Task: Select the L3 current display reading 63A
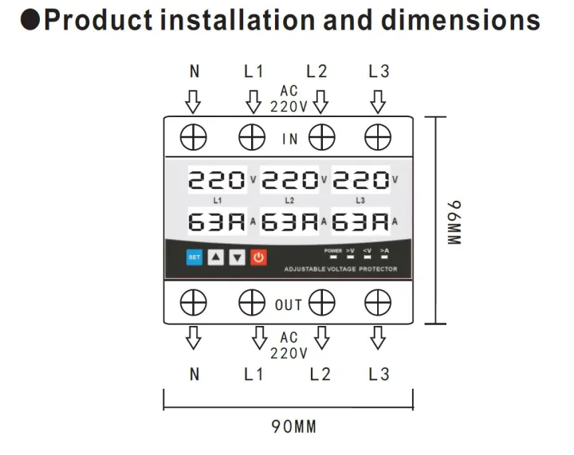click(361, 222)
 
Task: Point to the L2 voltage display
click(289, 180)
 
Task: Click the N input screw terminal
click(193, 138)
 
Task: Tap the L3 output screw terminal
click(377, 304)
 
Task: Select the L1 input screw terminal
click(252, 138)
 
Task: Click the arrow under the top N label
click(193, 101)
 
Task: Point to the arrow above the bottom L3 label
click(378, 339)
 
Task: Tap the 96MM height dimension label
click(454, 222)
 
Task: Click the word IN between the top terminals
click(289, 139)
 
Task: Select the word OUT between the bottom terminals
click(289, 304)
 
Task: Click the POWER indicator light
click(333, 257)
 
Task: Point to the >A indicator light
click(384, 257)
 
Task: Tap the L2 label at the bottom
click(320, 374)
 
